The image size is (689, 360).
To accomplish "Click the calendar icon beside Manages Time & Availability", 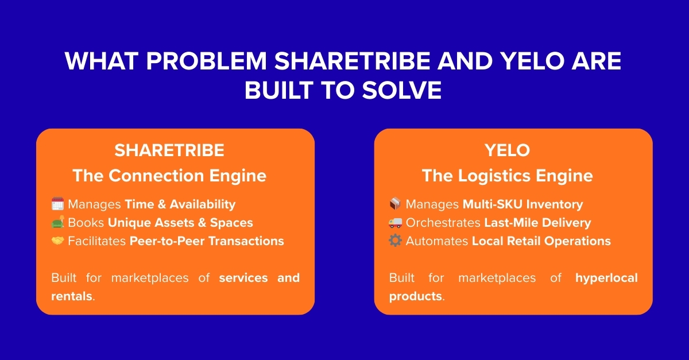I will [57, 204].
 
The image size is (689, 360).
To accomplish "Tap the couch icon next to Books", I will [57, 222].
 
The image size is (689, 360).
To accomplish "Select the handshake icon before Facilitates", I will [57, 241].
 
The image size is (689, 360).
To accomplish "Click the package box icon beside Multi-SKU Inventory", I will [395, 204].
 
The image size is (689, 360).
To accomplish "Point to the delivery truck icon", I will [395, 222].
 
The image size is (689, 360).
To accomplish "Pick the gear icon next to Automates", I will [395, 241].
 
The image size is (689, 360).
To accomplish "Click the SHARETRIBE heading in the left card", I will [169, 150].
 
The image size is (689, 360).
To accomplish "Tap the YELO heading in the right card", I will [508, 150].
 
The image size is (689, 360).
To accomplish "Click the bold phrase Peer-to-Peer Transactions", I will [207, 241].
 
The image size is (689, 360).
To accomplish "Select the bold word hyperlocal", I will [606, 278].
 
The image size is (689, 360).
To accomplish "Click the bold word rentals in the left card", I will [71, 296].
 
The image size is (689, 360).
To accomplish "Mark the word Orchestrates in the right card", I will [443, 223].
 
